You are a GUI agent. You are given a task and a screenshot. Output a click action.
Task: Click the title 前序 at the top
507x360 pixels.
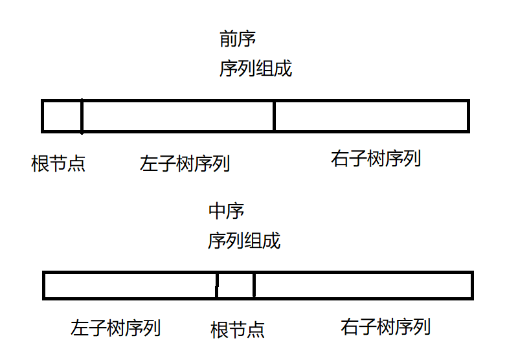[x=238, y=39]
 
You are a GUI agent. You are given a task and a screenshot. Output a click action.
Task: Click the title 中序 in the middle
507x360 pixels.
[x=226, y=211]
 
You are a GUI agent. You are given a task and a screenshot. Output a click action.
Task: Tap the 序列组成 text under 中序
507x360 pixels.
[x=244, y=241]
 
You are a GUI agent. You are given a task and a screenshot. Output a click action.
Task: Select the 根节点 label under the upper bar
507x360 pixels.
[x=58, y=164]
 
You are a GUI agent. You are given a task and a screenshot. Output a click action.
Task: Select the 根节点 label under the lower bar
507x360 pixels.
[x=238, y=330]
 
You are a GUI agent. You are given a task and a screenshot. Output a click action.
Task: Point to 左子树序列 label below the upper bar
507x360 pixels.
[x=185, y=163]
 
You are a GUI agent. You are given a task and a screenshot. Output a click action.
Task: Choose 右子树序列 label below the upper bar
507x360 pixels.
[x=376, y=159]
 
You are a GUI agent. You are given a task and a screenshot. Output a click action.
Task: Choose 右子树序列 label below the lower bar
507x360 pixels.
[x=385, y=326]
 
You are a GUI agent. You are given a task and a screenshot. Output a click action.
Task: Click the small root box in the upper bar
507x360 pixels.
[x=62, y=116]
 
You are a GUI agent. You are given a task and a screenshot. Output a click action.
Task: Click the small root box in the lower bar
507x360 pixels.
[x=235, y=286]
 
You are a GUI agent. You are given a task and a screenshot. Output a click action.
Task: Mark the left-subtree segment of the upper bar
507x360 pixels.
[x=178, y=116]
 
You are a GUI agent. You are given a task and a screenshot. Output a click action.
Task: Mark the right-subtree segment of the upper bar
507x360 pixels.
[x=370, y=116]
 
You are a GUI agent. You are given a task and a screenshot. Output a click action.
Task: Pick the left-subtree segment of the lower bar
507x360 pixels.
[x=130, y=286]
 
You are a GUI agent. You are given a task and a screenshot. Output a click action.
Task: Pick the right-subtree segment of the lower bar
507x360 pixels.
[x=362, y=286]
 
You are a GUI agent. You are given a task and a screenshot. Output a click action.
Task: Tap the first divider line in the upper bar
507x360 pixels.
[x=82, y=116]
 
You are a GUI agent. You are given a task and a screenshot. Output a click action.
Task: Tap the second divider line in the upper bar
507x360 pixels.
[x=275, y=116]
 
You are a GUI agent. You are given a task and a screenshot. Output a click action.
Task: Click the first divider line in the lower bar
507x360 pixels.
[x=217, y=286]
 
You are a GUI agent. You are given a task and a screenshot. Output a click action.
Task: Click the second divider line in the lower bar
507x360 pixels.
[x=254, y=286]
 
